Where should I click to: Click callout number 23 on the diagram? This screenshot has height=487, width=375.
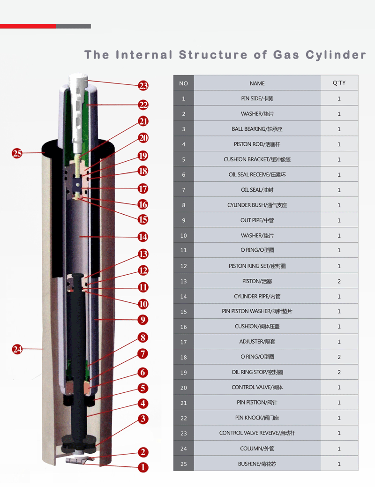tap(143, 85)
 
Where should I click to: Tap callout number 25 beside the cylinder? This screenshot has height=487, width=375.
tap(17, 153)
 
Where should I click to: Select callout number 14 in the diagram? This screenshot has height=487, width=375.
tap(143, 237)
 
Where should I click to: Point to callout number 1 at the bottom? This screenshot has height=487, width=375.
tap(143, 467)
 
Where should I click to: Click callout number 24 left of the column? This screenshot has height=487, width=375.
tap(17, 349)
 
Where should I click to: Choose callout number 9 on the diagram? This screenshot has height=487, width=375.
tap(143, 320)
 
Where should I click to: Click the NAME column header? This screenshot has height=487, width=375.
tap(257, 83)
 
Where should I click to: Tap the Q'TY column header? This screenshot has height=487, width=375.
tap(339, 83)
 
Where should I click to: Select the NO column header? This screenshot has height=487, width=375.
tap(183, 83)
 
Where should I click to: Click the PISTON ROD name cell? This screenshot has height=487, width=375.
tap(257, 144)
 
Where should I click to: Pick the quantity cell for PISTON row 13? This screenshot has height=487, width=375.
tap(339, 281)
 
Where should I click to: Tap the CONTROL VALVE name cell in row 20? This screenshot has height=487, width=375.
tap(257, 388)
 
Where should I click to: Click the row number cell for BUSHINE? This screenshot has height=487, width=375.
tap(183, 464)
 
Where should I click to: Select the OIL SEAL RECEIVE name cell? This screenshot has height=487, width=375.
tap(257, 175)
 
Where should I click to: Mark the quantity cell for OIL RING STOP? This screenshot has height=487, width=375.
tap(339, 373)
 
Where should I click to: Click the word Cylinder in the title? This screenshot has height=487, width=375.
tap(336, 55)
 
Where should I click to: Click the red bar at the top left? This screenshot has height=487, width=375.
tap(28, 26)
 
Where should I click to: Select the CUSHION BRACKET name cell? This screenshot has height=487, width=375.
tap(257, 159)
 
